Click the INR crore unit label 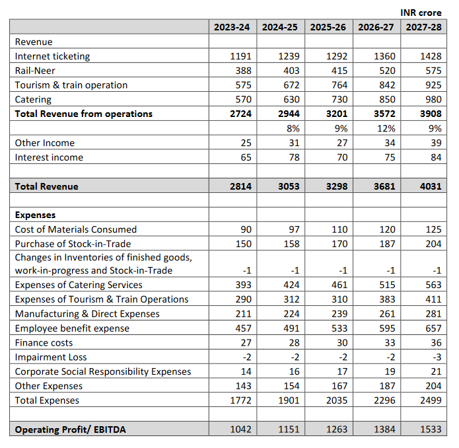421,13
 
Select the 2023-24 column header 232,27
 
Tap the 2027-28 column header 423,27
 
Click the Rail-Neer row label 35,71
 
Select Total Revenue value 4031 430,186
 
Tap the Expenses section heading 35,215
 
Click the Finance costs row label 44,343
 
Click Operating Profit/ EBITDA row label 70,429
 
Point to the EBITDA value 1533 430,429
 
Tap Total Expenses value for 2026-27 384,400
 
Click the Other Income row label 44,143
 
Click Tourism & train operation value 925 433,85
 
